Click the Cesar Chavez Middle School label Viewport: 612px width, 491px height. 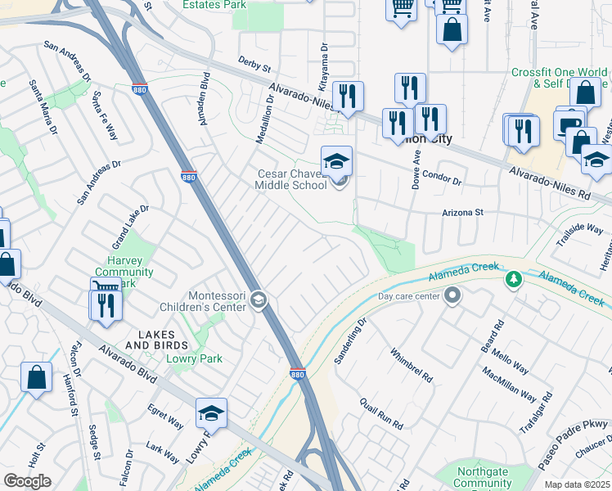point(293,179)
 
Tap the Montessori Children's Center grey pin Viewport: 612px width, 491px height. point(259,300)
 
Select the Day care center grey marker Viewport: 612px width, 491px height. point(452,296)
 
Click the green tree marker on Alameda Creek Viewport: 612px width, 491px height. point(513,281)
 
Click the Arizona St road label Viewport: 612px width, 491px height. point(463,212)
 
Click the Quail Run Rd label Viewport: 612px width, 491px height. point(382,414)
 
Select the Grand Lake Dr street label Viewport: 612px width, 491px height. point(131,227)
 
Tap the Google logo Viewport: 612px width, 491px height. point(27,481)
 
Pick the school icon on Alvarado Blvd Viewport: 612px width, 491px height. point(211,413)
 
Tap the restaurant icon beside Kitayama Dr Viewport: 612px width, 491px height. point(348,97)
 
